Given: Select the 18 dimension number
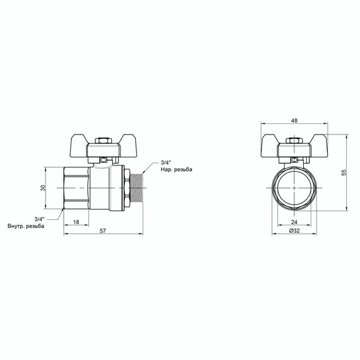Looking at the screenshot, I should pos(76,222).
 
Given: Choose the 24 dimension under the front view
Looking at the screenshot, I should pos(296,222).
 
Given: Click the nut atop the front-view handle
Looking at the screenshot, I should pos(296,141).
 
